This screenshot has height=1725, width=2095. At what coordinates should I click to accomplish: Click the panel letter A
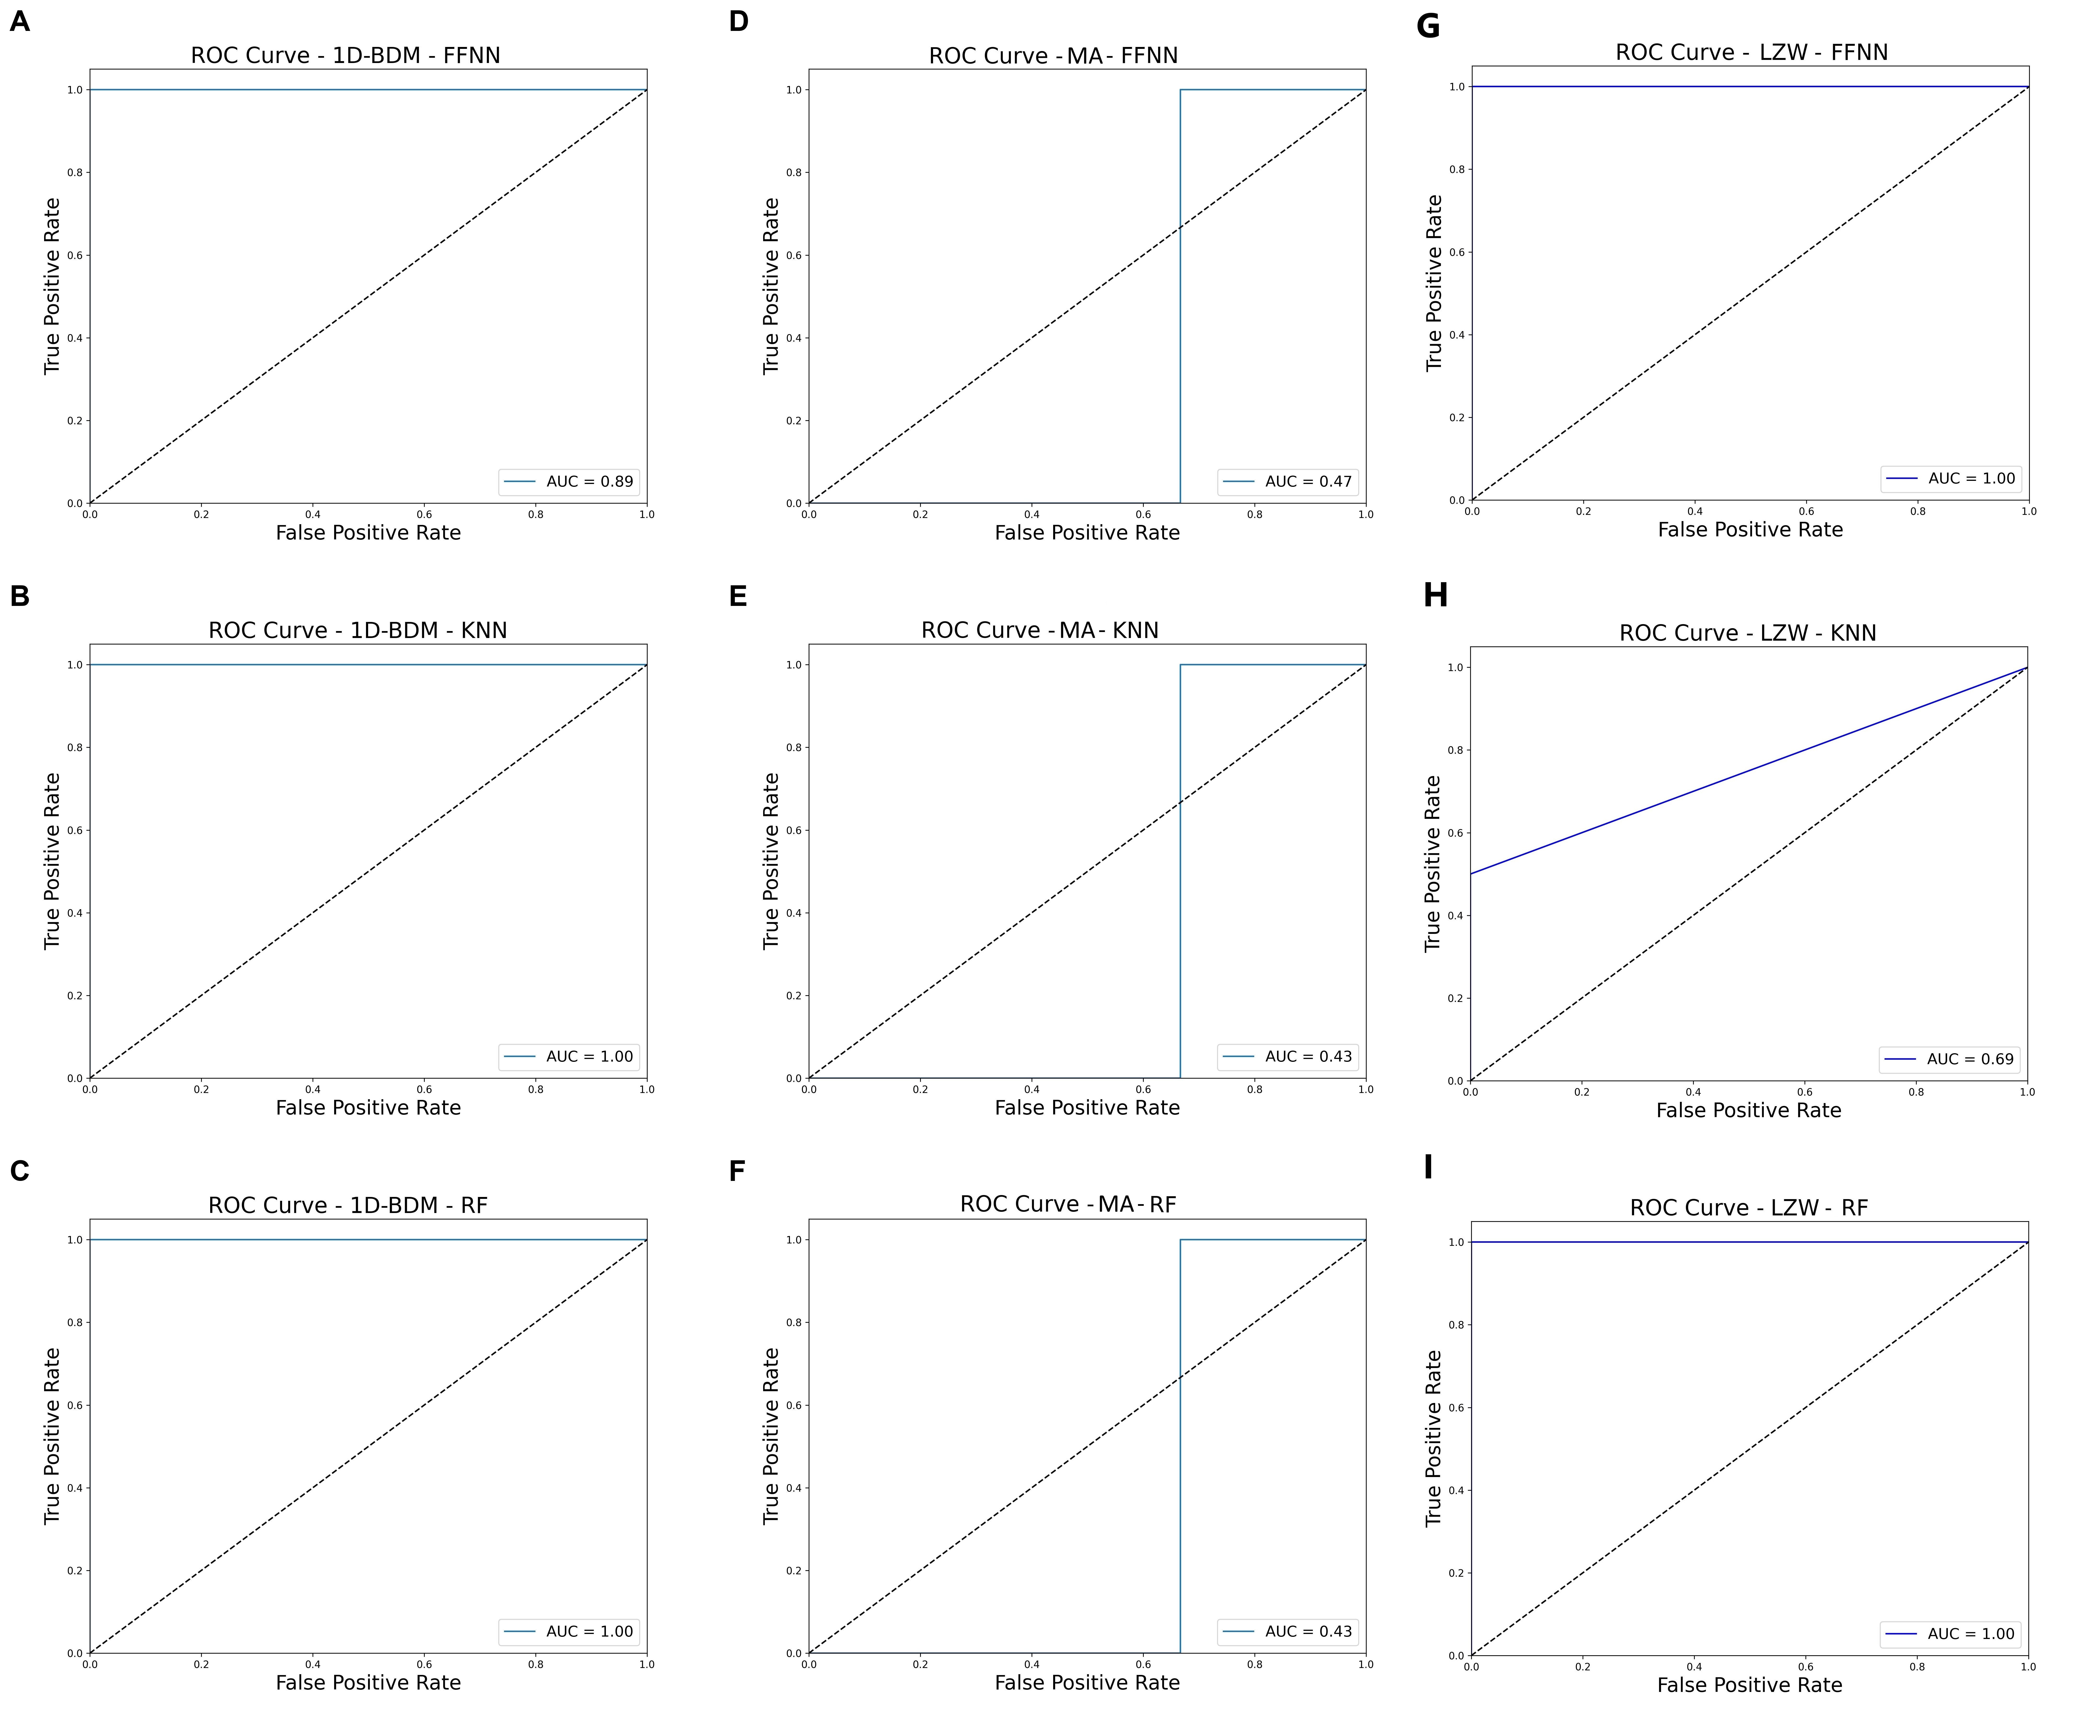20,22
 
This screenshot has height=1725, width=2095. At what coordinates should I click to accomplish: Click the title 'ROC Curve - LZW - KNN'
1747,633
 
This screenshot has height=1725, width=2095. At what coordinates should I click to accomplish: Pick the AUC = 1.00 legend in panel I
1950,1633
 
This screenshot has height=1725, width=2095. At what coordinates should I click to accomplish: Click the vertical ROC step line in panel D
1180,298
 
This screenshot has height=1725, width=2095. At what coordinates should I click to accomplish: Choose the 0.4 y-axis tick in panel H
1456,915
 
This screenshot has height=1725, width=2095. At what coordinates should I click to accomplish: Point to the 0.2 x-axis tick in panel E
920,1089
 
